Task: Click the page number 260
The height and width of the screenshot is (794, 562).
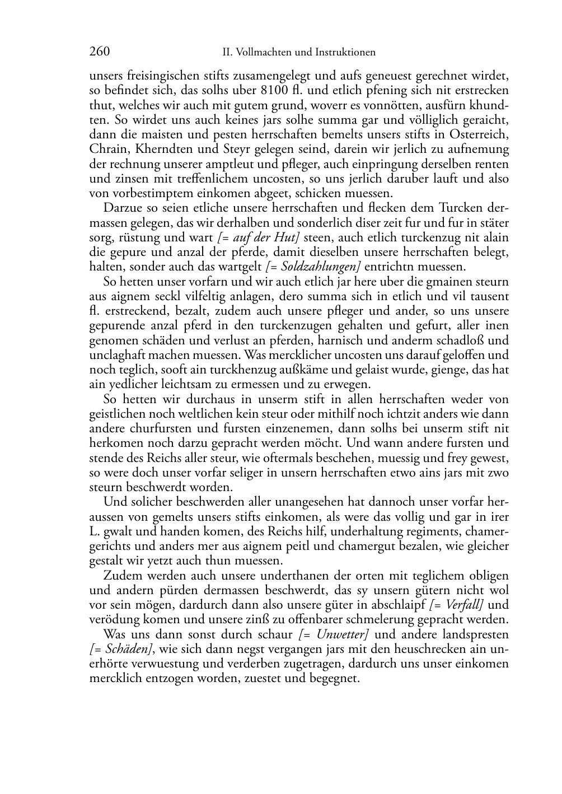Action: [99, 52]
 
